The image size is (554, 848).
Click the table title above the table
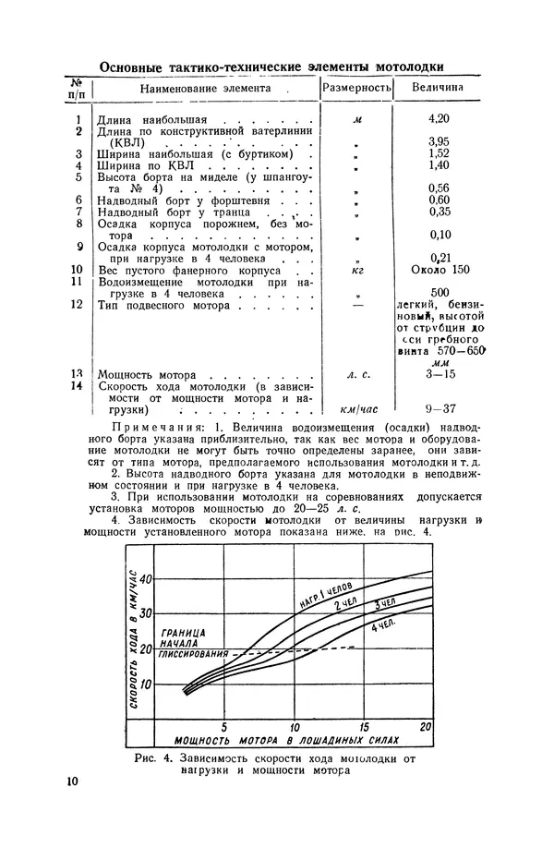click(x=270, y=67)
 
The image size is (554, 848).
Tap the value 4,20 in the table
click(x=438, y=119)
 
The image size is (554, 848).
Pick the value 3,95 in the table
click(x=438, y=141)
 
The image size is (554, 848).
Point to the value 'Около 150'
click(x=438, y=269)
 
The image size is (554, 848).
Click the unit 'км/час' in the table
click(x=356, y=408)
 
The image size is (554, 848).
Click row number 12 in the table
click(x=78, y=304)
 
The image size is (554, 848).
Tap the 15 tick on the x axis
click(x=363, y=726)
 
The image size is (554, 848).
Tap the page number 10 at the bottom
click(x=73, y=781)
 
